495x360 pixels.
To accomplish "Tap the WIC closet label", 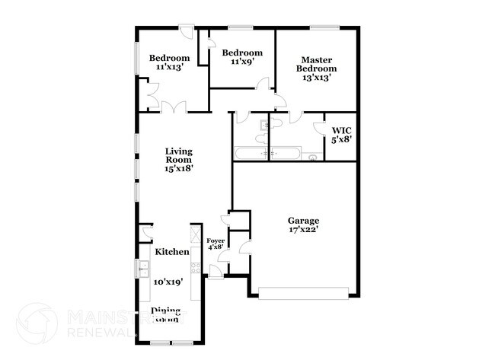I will coord(340,129).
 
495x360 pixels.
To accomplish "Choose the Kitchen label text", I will coord(172,251).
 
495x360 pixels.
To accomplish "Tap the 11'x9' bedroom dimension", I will coord(242,62).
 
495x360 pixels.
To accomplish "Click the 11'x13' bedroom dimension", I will coord(169,68).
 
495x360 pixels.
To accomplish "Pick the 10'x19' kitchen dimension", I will coord(168,282).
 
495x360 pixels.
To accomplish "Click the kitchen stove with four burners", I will coord(196,267).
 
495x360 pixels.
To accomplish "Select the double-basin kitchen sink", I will coord(143,269).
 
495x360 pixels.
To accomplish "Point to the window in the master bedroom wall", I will coord(324,29).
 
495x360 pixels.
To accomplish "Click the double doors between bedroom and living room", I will coord(173,107).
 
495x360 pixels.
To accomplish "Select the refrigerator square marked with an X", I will coord(195,233).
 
